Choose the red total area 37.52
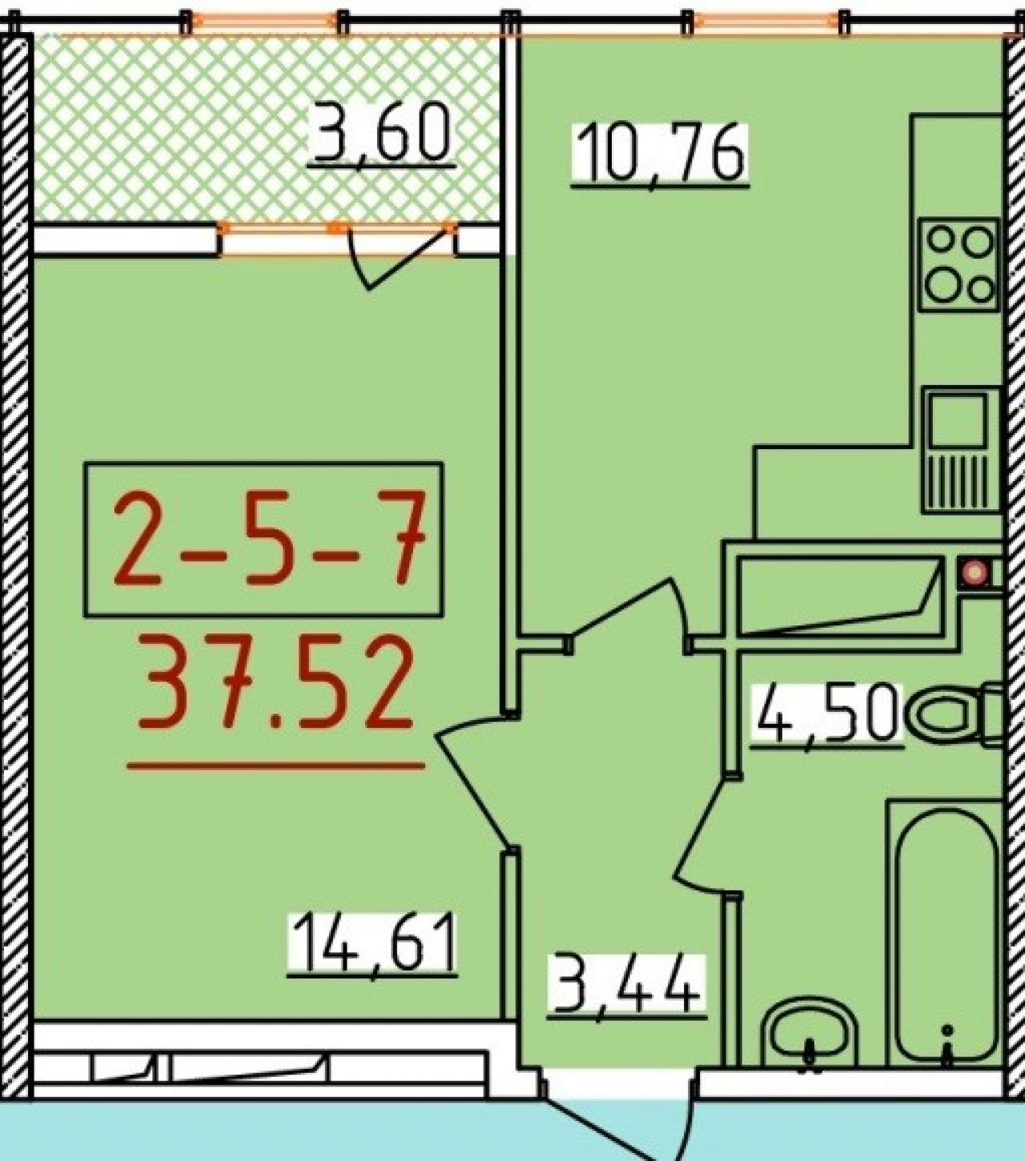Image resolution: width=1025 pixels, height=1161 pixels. pyautogui.click(x=275, y=685)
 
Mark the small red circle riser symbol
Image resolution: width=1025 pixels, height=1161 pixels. pyautogui.click(x=975, y=572)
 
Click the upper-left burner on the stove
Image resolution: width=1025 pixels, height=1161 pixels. pyautogui.click(x=940, y=240)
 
